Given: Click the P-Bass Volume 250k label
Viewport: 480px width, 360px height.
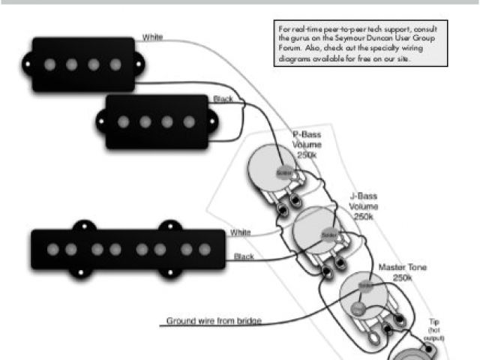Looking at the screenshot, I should point(307,142).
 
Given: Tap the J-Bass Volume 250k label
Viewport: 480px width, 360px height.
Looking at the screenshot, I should point(363,205).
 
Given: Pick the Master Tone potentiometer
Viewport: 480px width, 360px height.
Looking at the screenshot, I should point(362,294).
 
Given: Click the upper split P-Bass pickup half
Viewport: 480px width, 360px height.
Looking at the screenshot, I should point(82,64).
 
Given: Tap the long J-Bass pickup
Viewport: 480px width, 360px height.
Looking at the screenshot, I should point(127,248).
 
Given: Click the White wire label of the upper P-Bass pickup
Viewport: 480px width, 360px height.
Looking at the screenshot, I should point(152,36).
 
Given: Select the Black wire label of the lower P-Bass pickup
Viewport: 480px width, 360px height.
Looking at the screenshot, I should point(223,99).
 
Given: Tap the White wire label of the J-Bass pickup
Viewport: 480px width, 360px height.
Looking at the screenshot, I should point(240,232).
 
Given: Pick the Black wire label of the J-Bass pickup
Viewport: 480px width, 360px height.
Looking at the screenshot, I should point(243,257).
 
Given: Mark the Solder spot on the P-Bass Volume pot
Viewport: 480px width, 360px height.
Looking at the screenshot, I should point(283,172).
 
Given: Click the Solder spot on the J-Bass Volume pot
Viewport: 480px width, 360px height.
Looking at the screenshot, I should point(328,235).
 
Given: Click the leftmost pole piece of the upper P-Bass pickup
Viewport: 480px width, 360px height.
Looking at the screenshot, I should point(49,64).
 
